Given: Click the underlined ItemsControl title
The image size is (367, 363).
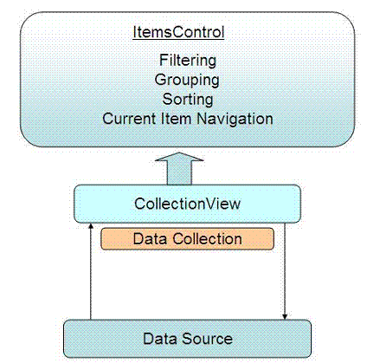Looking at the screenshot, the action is pyautogui.click(x=178, y=32).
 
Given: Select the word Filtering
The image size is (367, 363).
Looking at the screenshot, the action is pyautogui.click(x=188, y=61).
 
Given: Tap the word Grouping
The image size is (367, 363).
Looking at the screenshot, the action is pyautogui.click(x=187, y=81).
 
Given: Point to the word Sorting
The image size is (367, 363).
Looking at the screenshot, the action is pyautogui.click(x=188, y=100).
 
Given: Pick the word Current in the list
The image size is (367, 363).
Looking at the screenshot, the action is pyautogui.click(x=130, y=119).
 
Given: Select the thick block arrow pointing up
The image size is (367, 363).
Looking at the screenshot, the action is pyautogui.click(x=179, y=169).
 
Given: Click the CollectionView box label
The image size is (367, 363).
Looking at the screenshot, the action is pyautogui.click(x=187, y=204).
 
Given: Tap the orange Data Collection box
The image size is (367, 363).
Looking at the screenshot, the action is pyautogui.click(x=187, y=239).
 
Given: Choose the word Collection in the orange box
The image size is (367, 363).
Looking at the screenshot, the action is pyautogui.click(x=207, y=239).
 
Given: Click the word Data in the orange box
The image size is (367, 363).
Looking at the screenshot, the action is pyautogui.click(x=150, y=239).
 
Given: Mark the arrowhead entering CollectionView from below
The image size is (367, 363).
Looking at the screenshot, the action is pyautogui.click(x=91, y=226).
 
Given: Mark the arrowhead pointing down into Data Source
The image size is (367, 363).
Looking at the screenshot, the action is pyautogui.click(x=285, y=316).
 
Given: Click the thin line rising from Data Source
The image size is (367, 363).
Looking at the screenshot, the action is pyautogui.click(x=91, y=271).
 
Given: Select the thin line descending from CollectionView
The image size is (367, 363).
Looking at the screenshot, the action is pyautogui.click(x=285, y=271).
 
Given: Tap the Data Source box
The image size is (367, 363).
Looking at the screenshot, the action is pyautogui.click(x=187, y=339).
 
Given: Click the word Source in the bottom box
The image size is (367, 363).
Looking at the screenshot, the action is pyautogui.click(x=207, y=339).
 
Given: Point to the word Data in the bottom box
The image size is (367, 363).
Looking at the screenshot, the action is pyautogui.click(x=160, y=339).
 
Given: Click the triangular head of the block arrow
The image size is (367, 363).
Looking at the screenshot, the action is pyautogui.click(x=179, y=157).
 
